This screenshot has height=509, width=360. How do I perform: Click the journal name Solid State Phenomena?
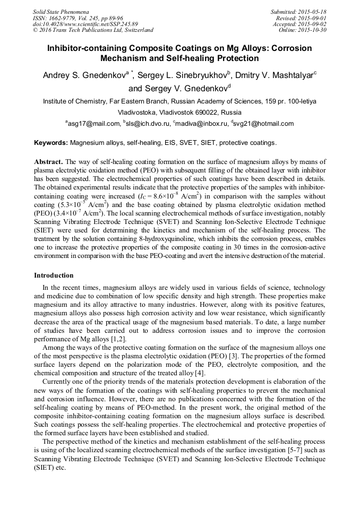(61, 12)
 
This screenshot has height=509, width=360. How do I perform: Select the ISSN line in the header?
(79, 18)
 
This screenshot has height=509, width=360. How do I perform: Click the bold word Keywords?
(51, 143)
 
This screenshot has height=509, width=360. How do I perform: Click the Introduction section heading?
(54, 275)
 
